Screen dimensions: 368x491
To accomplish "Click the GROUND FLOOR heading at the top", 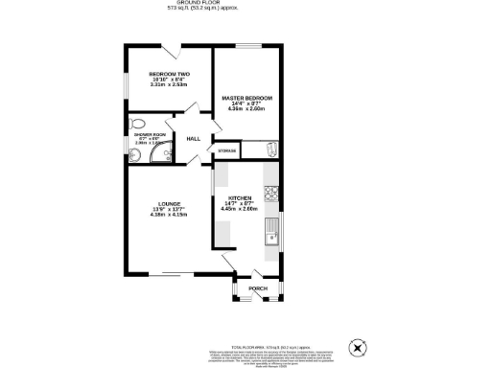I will coord(246,3).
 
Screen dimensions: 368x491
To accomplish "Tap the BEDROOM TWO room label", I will coord(168,74).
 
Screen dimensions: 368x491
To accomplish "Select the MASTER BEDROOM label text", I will coord(247,98).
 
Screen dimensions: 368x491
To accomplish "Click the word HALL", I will coord(193,138).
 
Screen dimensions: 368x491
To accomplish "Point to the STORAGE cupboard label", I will coord(226,151).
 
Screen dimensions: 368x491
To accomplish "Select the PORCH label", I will coord(257,287).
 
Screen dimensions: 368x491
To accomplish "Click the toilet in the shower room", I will coord(137,124).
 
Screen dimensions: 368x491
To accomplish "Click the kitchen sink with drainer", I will coord(271,235).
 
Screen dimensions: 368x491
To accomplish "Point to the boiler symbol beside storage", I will coord(270,149).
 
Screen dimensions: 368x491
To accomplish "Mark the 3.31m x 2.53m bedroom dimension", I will coord(168,85).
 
